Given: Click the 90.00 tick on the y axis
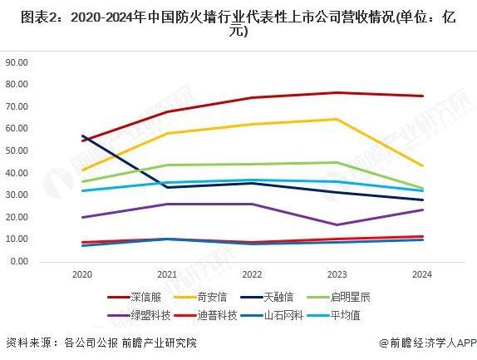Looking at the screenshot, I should point(17,62).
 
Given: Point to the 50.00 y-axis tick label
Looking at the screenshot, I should point(17,150).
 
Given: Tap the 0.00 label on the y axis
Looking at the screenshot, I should point(19,261).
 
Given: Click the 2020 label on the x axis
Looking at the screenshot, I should point(81,274).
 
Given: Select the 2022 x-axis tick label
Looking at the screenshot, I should point(252,274).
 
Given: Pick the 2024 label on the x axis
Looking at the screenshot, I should point(422,274).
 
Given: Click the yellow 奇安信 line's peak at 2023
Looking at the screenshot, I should point(337,119).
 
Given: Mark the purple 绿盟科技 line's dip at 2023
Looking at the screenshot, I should point(337,224).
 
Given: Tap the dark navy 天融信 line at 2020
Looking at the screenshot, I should point(82,136).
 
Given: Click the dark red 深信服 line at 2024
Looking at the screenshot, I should point(422,96).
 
